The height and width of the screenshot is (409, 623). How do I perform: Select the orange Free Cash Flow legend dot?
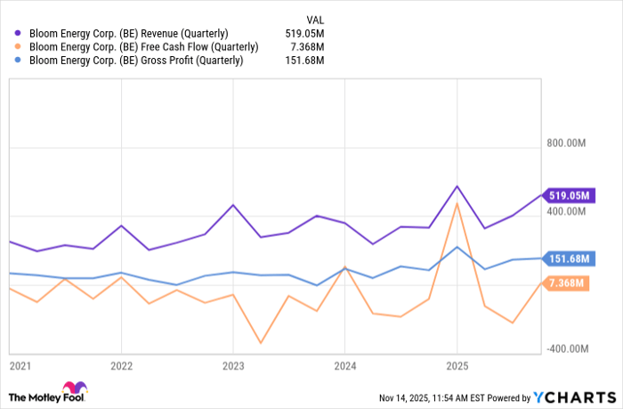coord(18,46)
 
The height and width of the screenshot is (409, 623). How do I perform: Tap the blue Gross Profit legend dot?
coord(18,61)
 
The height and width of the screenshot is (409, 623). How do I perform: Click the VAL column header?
coord(314,17)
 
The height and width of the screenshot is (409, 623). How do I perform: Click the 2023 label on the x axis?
coord(233,366)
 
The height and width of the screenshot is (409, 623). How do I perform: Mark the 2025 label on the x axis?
coord(457,366)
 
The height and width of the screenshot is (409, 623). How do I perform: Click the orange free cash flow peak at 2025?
coord(457,204)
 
